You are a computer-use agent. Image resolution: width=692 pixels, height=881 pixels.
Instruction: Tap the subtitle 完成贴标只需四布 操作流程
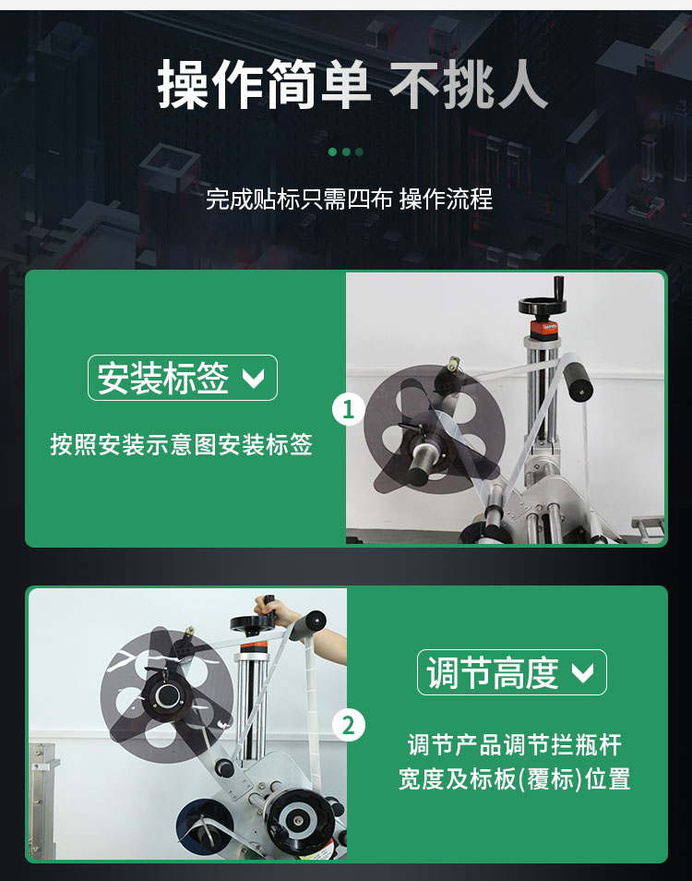point(349,199)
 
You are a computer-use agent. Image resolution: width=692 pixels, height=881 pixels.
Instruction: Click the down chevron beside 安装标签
point(252,379)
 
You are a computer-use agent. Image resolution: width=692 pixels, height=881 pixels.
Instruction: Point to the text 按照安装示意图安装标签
point(181,445)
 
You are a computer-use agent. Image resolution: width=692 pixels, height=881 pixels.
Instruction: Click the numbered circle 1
point(348,408)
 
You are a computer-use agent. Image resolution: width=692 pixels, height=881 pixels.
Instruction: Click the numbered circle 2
point(348,726)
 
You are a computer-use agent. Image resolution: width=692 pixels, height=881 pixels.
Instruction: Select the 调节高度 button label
point(493,672)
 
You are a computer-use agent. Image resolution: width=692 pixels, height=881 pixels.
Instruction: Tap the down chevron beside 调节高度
point(582,673)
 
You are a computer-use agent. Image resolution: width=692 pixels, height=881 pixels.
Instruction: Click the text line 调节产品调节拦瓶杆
point(514,744)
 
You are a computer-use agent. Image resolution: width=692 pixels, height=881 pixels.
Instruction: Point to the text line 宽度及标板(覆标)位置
point(514,779)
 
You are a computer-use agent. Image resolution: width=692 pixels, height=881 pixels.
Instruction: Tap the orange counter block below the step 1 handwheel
point(543,329)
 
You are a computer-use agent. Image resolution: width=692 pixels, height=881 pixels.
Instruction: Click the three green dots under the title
point(346,151)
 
